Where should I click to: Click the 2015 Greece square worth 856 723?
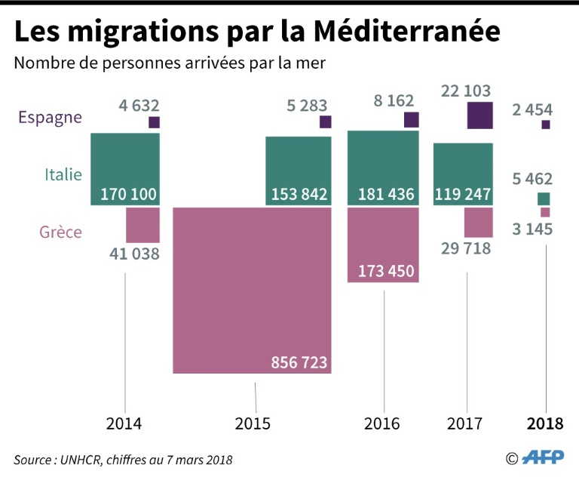click(x=252, y=290)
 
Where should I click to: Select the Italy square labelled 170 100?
click(x=125, y=168)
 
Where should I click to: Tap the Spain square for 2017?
click(x=479, y=115)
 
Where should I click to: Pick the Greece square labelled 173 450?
click(x=383, y=245)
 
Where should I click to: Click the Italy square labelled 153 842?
click(x=299, y=171)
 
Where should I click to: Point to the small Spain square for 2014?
click(x=154, y=122)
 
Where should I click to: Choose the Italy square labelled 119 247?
click(x=464, y=174)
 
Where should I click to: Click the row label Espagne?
click(x=51, y=117)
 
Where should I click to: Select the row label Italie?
click(x=63, y=175)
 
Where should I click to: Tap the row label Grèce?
click(x=60, y=232)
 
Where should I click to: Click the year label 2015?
click(x=253, y=424)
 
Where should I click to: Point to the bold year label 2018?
click(x=545, y=424)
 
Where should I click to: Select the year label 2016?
click(x=382, y=424)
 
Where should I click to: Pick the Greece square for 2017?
click(x=479, y=223)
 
